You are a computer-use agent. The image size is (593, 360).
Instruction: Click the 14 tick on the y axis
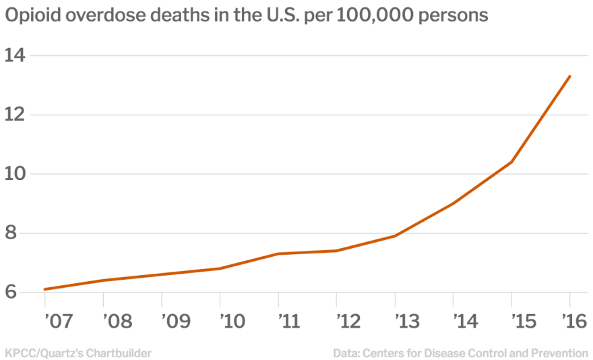(x=15, y=55)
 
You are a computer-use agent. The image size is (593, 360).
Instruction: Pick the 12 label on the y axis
(x=15, y=115)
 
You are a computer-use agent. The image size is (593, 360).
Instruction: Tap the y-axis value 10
(x=15, y=174)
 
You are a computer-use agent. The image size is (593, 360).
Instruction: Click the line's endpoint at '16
(x=570, y=76)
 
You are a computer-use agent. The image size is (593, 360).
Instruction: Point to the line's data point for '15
(x=511, y=162)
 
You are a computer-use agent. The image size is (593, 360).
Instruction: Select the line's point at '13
(x=395, y=236)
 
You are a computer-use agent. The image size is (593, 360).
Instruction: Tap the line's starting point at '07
(x=44, y=289)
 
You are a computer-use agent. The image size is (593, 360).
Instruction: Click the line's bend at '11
(x=278, y=253)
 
